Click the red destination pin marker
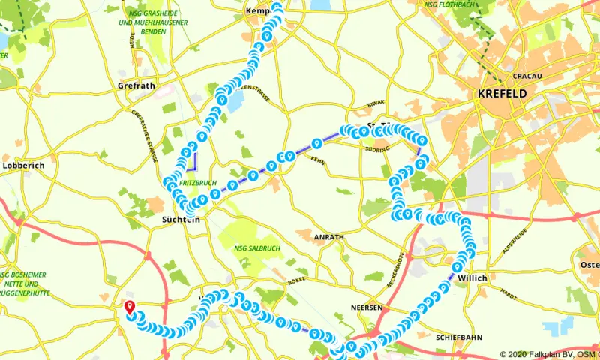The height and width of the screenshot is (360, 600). (x=129, y=307)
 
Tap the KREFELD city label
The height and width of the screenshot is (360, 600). (x=502, y=94)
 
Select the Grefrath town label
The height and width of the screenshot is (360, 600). (x=136, y=85)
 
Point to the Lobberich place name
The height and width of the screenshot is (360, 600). (x=24, y=165)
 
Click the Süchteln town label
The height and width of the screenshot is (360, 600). (x=181, y=220)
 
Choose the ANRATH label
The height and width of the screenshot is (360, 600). (x=330, y=237)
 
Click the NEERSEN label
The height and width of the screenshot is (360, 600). (x=367, y=307)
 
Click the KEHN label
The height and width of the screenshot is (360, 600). (x=317, y=160)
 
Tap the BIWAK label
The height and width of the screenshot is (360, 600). (x=376, y=105)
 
